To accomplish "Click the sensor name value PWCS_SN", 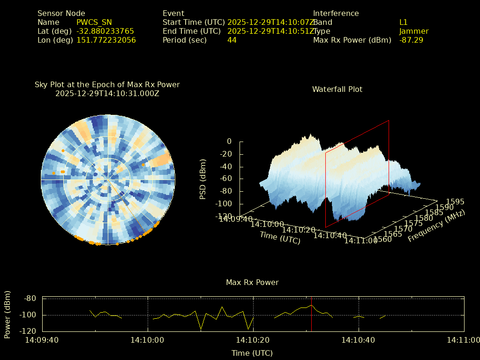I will pos(94,22).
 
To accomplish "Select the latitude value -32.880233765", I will pos(105,31).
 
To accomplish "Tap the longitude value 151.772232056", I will pos(106,40).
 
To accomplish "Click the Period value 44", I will pos(232,40).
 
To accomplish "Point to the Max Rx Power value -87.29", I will pos(411,40).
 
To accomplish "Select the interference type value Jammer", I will pos(414,31).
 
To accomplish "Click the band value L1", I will pos(404,22).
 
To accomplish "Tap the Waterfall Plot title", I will pos(337,89).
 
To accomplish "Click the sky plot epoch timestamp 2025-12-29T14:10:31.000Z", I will pos(107,93).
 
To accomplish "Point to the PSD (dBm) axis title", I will pos(203,179).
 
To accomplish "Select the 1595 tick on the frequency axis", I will pos(455,202).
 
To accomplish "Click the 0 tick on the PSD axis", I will pos(229,141).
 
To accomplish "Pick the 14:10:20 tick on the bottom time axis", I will pos(254,340).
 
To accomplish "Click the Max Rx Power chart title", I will pos(252,282).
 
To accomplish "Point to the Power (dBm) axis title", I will pos(7,314).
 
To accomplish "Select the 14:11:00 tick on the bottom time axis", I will pos(464,340).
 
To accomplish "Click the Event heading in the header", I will pos(173,14).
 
